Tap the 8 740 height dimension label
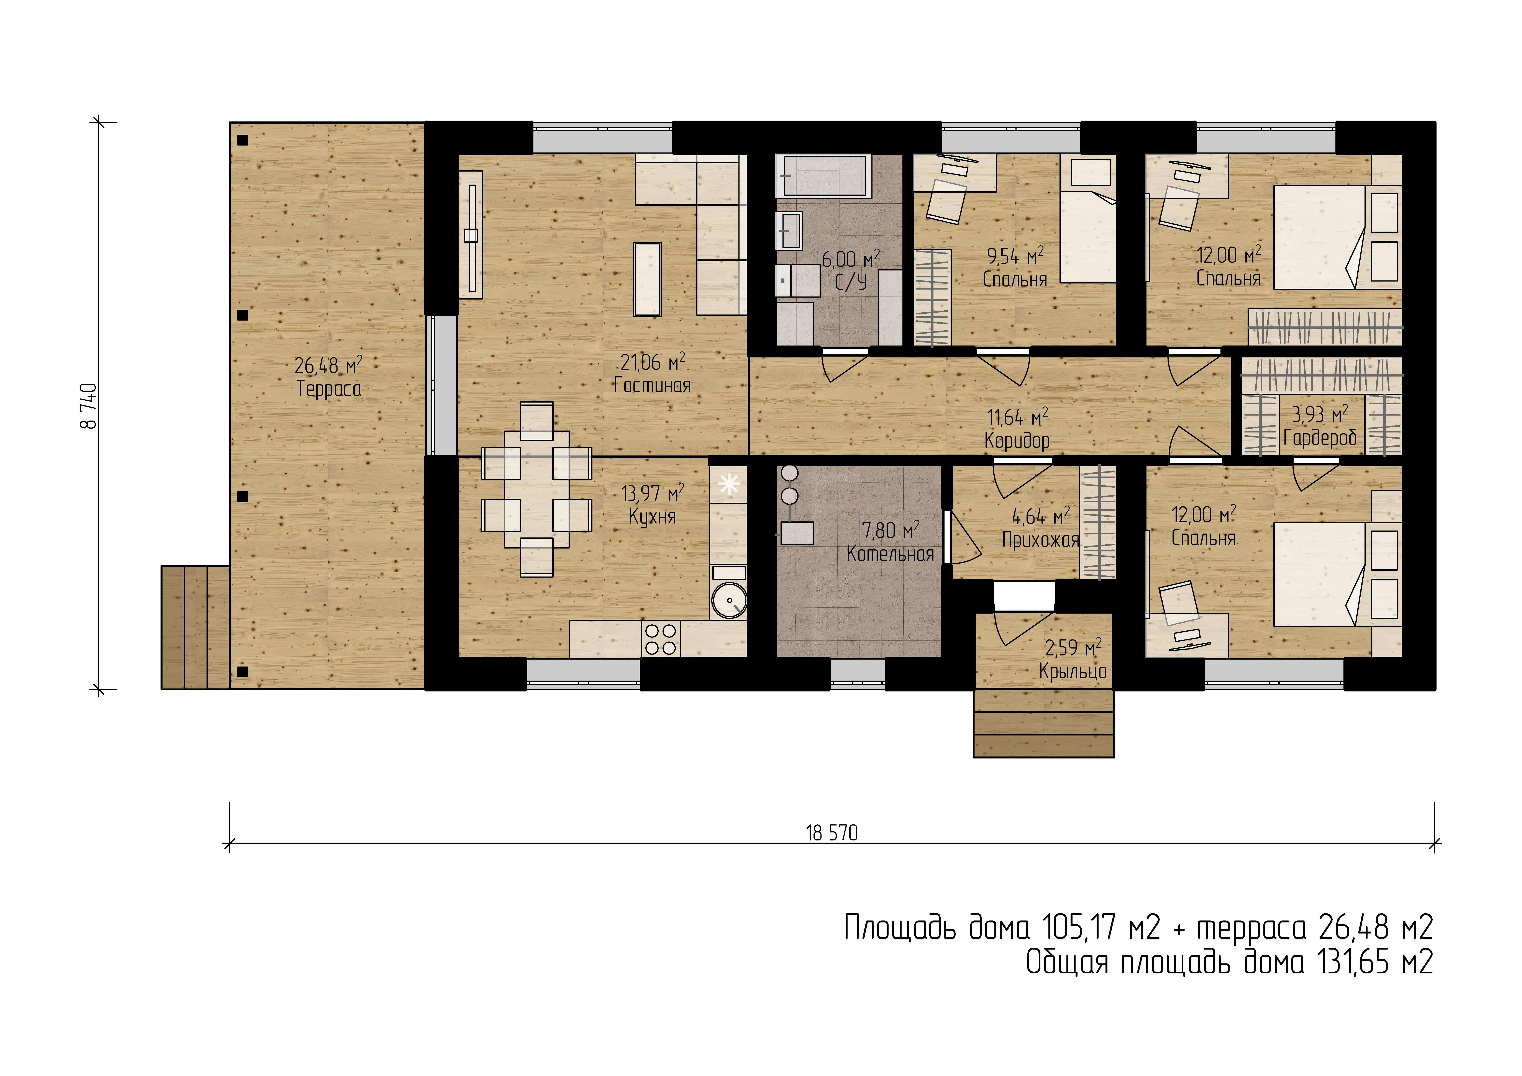(x=88, y=406)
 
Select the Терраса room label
(x=329, y=388)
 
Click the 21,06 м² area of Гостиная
(x=652, y=362)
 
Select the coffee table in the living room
(x=648, y=279)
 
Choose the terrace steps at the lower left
(x=195, y=627)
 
